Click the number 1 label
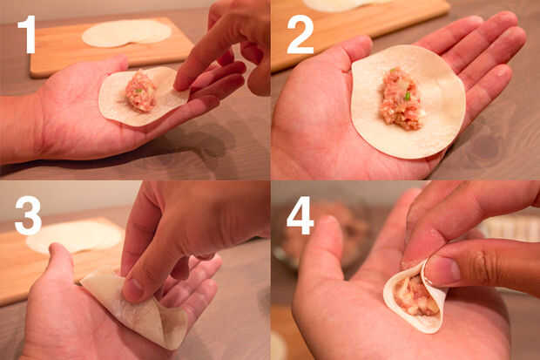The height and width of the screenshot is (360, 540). tap(28, 35)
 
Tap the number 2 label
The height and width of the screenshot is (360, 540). tap(300, 35)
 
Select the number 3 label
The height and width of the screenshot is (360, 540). tap(28, 215)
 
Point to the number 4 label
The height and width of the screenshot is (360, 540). tap(300, 215)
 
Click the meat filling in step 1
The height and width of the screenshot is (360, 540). tap(140, 91)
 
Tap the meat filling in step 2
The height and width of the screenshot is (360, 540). tap(402, 99)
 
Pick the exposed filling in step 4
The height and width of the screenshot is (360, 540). tap(415, 295)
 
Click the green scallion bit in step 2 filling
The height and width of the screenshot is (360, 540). tap(408, 96)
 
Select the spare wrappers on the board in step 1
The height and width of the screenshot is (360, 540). tap(127, 33)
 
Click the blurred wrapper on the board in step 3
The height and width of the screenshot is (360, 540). tap(75, 237)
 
